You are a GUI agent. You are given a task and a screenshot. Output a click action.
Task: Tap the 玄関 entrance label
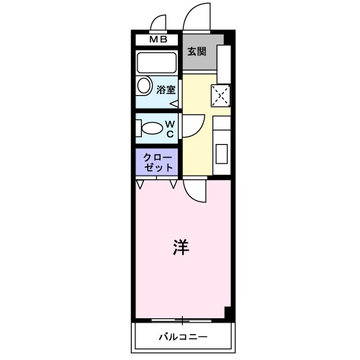(x=197, y=51)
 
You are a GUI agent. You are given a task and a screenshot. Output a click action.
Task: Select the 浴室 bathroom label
(x=166, y=90)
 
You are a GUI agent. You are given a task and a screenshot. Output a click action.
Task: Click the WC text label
(x=170, y=128)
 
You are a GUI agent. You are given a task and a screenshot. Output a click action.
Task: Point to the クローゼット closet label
(x=158, y=161)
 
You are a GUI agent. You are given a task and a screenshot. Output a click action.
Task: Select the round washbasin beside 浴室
(x=143, y=87)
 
